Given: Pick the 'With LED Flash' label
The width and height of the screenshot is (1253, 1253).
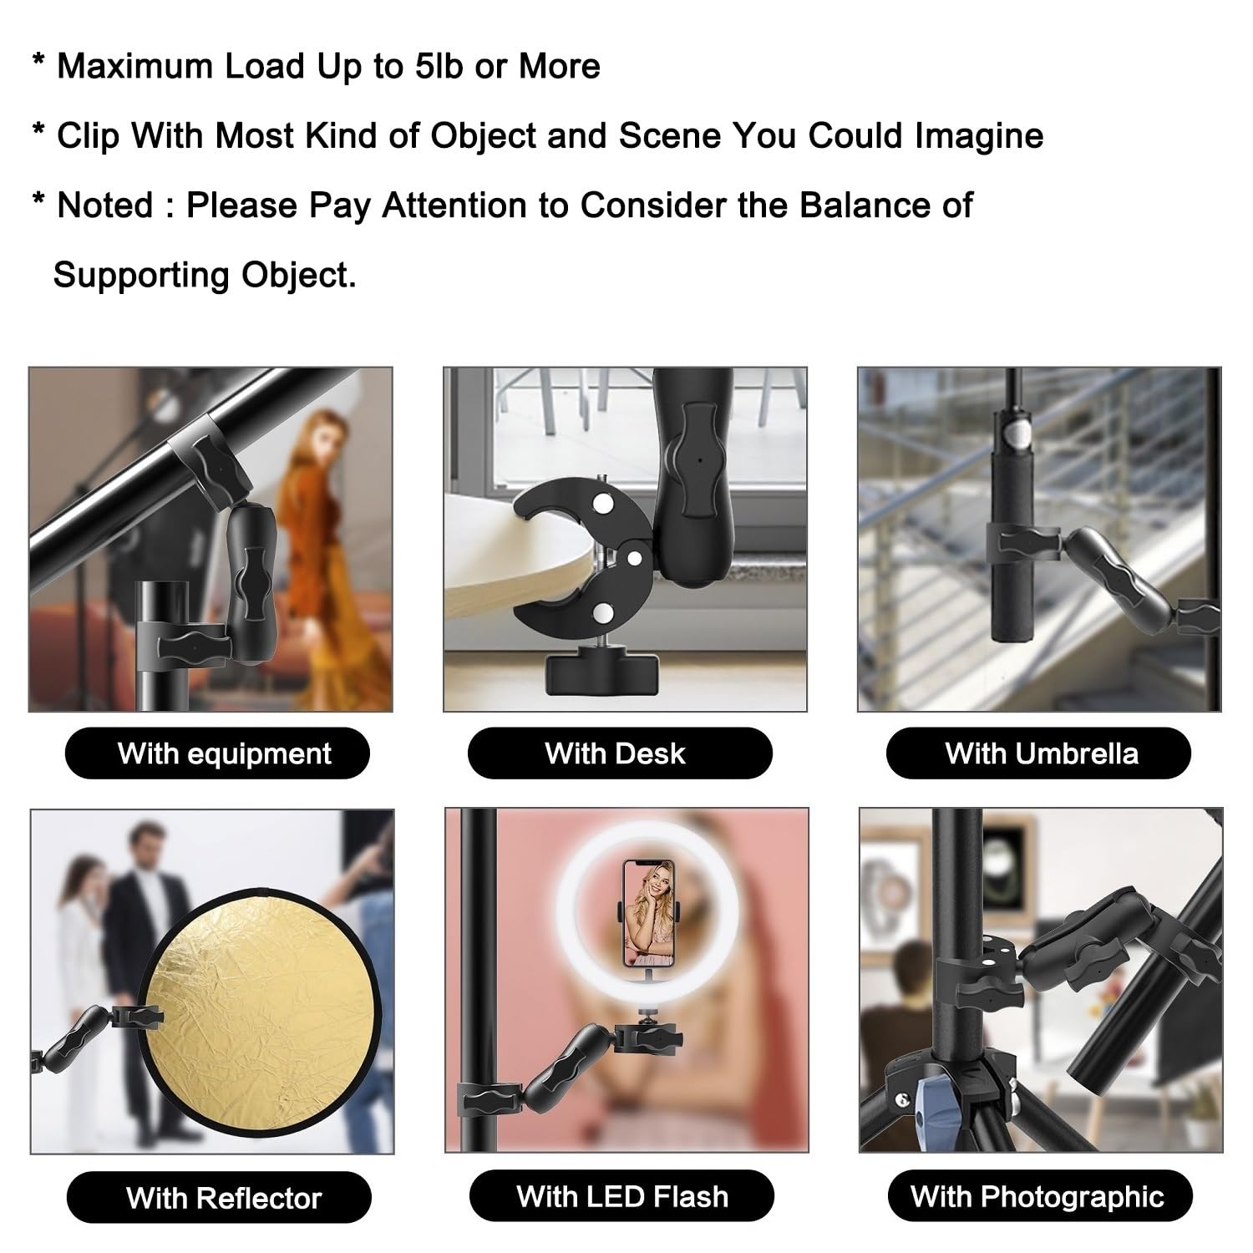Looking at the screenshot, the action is tap(621, 1196).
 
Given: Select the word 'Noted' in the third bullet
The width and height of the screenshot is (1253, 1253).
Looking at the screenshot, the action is tap(105, 205).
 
